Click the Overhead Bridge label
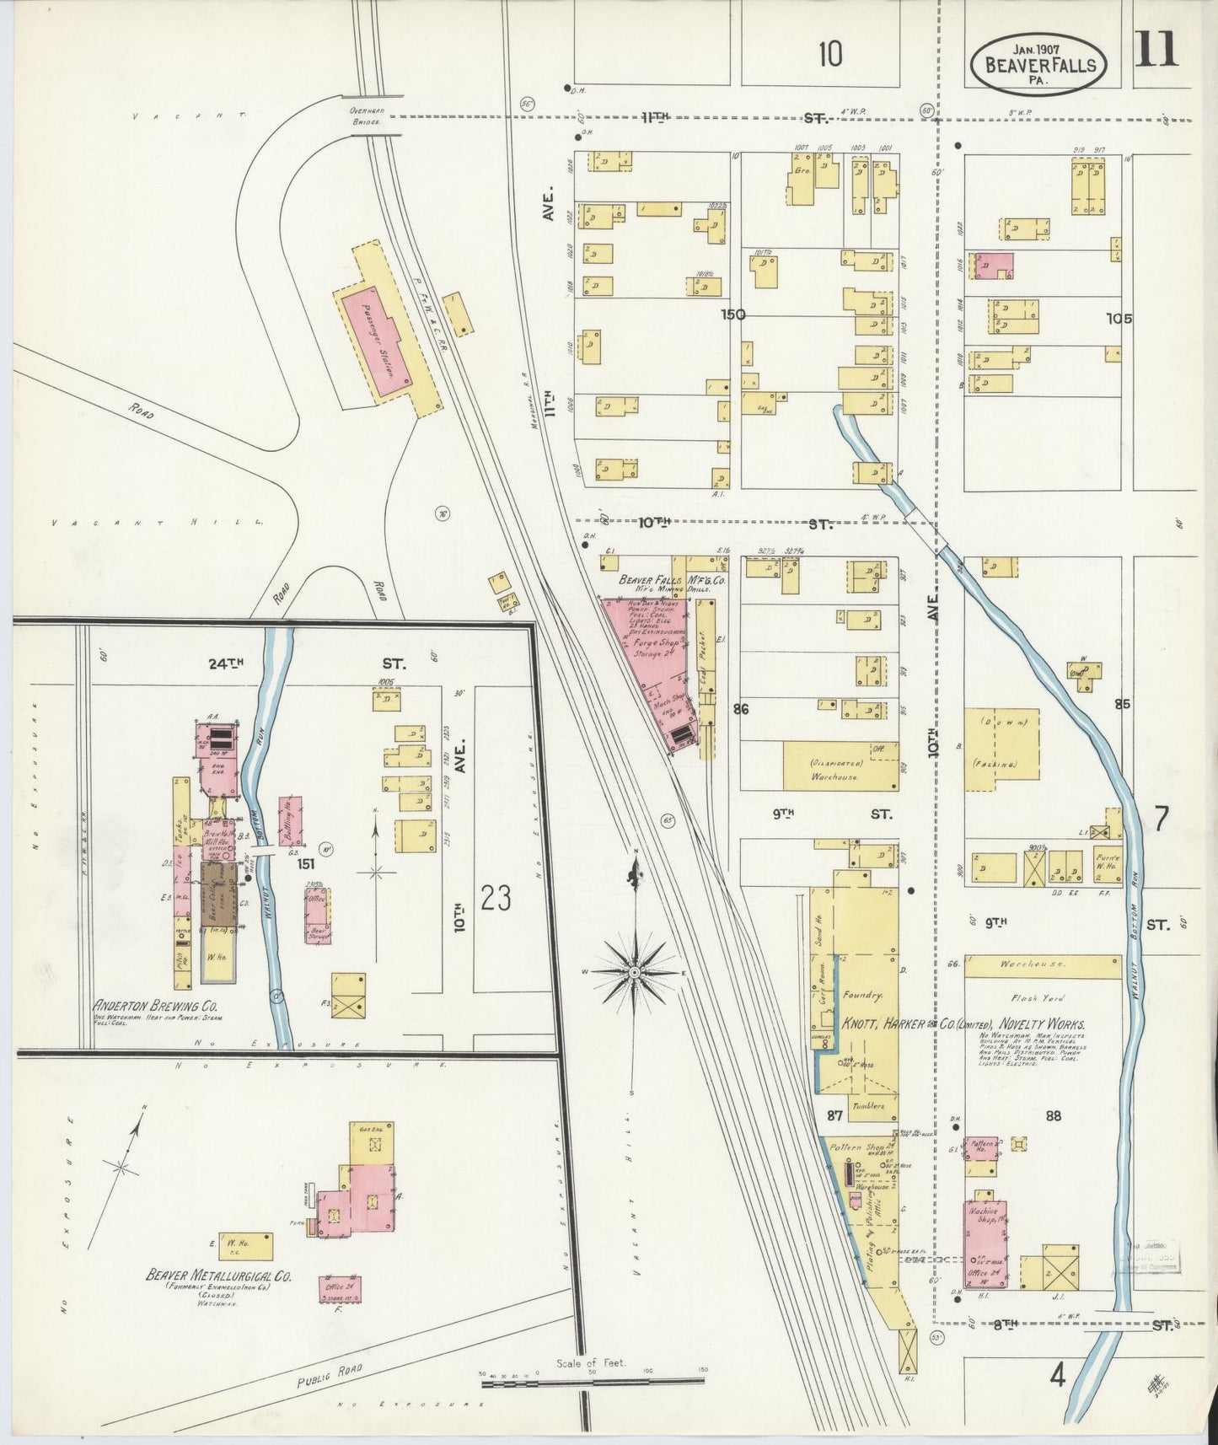(x=366, y=115)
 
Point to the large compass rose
(x=635, y=973)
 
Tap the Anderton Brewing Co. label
(x=158, y=1007)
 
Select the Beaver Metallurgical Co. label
(x=219, y=1276)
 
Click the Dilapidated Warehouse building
(x=834, y=766)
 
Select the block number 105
(x=1120, y=319)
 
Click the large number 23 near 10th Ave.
(x=496, y=899)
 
